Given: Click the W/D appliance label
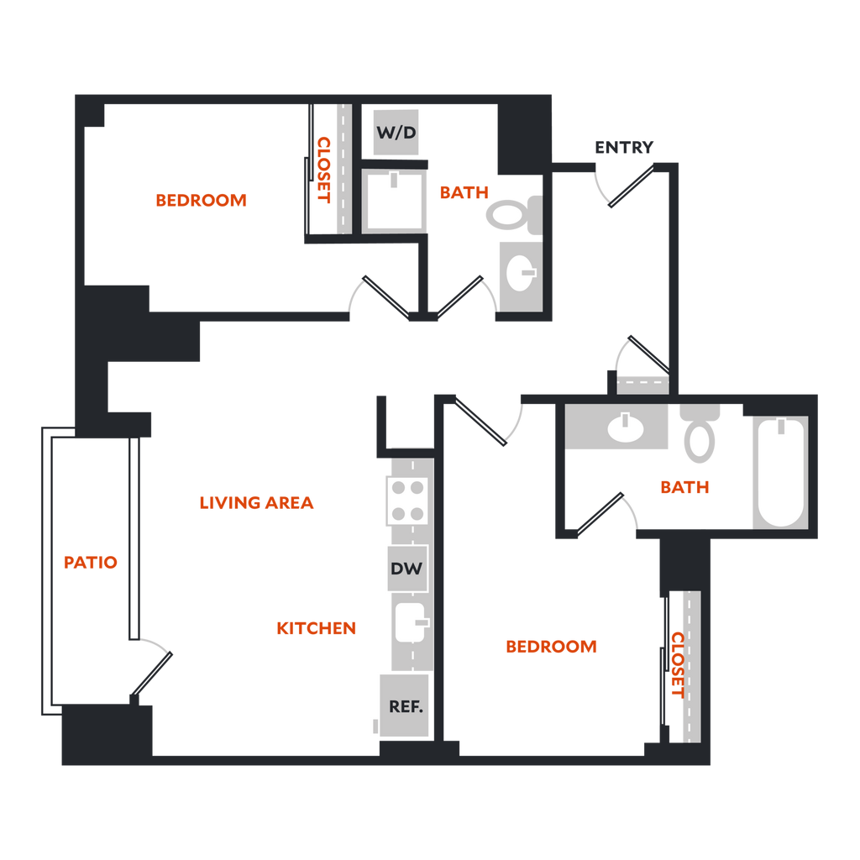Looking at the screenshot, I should (396, 133).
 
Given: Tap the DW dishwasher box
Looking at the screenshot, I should (406, 568).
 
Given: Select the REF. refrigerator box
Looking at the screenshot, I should (405, 705).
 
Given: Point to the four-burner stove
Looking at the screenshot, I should (406, 500).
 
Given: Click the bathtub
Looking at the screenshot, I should (780, 473).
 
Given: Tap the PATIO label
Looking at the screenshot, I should (91, 563).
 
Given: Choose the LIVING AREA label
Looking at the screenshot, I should (256, 504).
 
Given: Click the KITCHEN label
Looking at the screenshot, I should (317, 628).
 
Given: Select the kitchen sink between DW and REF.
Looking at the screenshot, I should (411, 621).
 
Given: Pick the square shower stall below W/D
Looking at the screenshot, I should (395, 202).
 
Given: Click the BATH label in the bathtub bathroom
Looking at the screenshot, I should (685, 487).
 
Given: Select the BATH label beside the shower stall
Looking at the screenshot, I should (464, 193).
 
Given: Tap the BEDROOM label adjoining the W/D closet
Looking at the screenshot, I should (202, 201).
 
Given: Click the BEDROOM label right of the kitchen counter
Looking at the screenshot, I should (551, 647).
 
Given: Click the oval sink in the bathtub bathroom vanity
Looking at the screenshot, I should (624, 427).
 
